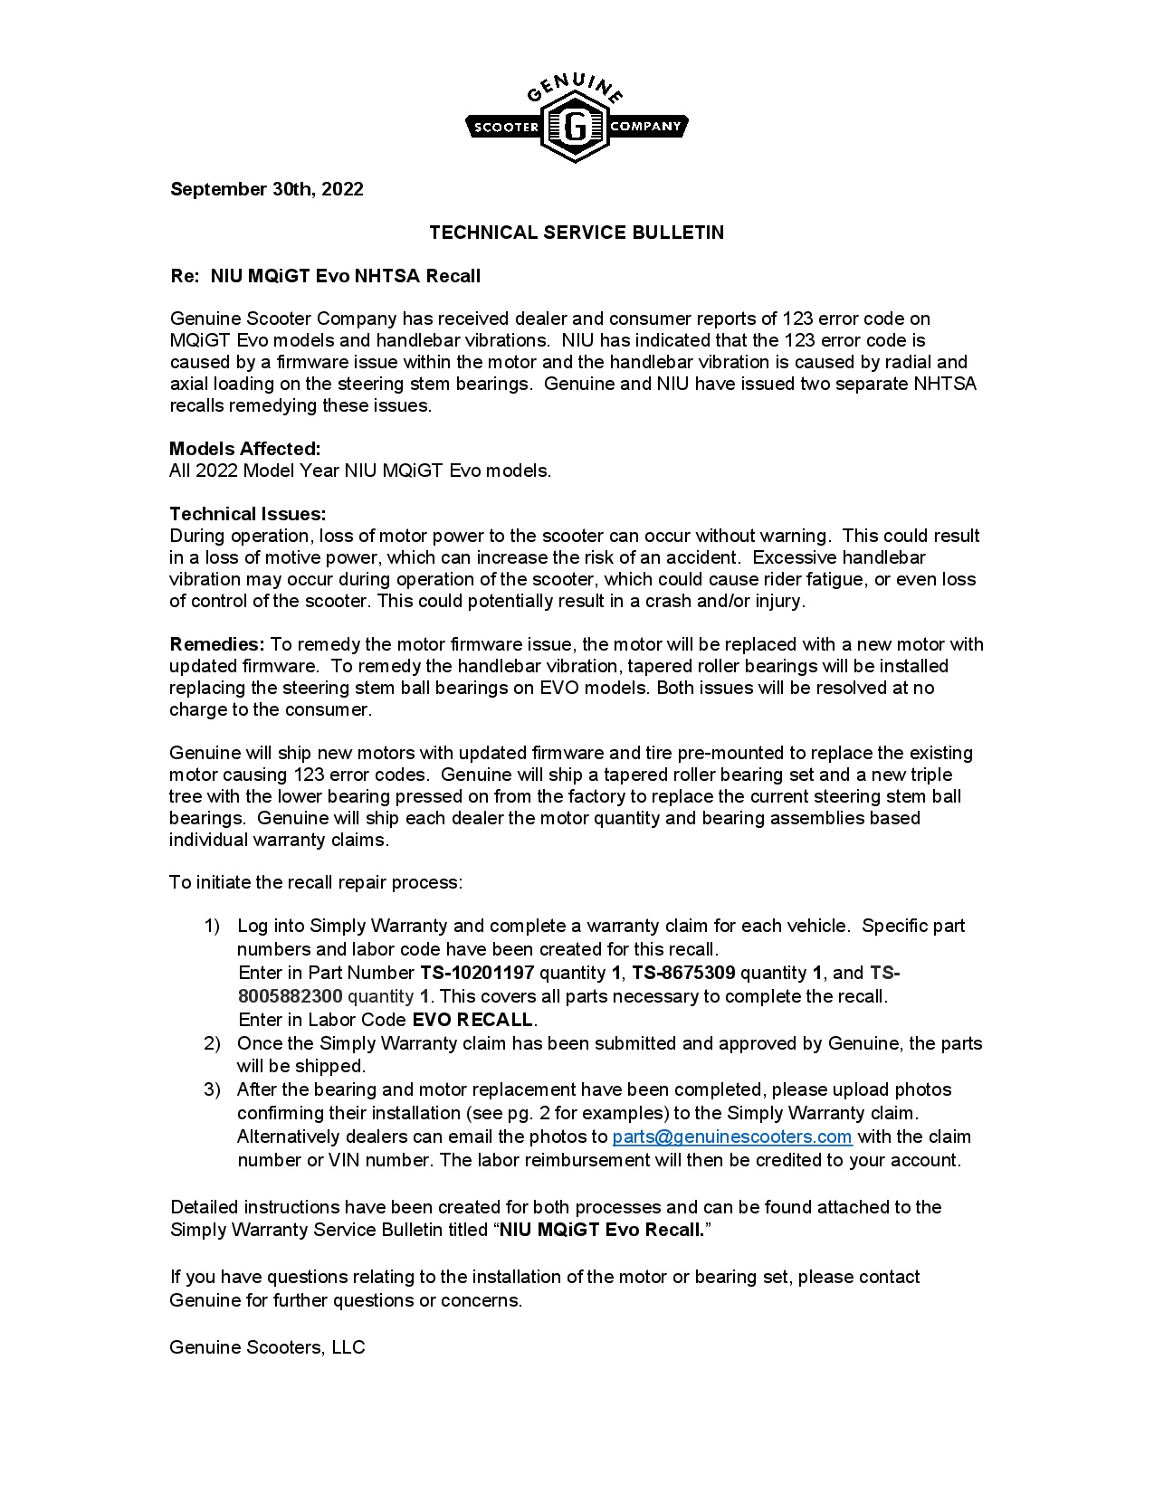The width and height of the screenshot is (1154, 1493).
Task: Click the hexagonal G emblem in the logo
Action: coord(575,127)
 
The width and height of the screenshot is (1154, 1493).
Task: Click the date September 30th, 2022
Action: coord(267,189)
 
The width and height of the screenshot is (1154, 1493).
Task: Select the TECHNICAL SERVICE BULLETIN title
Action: coord(577,233)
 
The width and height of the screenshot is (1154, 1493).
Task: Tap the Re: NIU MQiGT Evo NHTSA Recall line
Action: coord(326,276)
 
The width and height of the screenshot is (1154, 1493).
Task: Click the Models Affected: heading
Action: coord(245,449)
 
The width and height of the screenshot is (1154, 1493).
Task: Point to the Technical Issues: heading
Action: coord(248,514)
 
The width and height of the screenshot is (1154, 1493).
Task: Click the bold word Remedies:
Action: coord(217,644)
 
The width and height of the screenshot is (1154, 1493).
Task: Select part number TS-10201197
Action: coord(477,973)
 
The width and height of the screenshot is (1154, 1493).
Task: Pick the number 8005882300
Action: coord(291,996)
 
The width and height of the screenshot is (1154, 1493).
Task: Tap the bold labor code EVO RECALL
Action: coord(472,1020)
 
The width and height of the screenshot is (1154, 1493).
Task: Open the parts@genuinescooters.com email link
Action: coord(732,1136)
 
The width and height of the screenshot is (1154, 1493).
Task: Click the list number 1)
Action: coord(212,926)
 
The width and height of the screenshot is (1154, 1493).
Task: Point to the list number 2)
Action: coord(212,1043)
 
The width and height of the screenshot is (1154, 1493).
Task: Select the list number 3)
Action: coord(212,1089)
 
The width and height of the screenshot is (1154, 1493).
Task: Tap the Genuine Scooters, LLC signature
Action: coord(267,1347)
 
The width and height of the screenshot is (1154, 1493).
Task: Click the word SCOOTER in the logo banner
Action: coord(506,128)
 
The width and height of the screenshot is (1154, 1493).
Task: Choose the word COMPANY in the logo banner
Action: coord(644,126)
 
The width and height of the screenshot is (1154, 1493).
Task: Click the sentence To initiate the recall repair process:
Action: coord(316,882)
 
